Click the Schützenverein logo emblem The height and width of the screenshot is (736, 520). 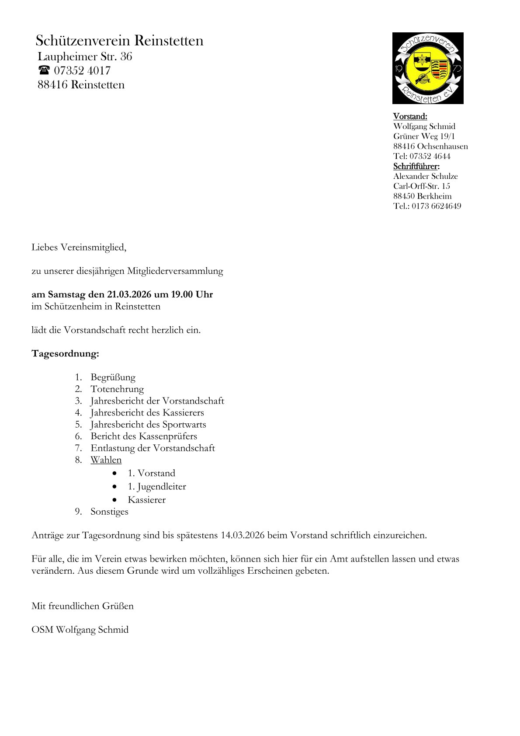tap(428, 68)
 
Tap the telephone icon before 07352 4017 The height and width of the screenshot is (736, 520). tap(44, 70)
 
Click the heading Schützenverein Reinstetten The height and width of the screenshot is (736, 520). tap(119, 41)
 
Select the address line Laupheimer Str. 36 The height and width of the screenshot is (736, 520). tap(85, 56)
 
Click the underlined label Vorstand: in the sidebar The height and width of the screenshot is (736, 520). tap(410, 116)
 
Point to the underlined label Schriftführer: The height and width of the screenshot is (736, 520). tap(416, 166)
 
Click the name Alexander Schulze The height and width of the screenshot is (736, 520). tap(425, 176)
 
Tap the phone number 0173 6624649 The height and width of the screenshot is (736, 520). tap(436, 206)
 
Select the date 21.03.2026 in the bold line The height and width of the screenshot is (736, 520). tap(129, 294)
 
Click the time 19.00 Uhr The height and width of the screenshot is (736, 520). tap(192, 294)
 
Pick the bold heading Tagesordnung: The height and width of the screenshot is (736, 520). tap(65, 353)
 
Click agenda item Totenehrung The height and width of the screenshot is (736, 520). tap(117, 389)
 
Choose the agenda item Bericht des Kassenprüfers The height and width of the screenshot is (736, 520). tap(144, 436)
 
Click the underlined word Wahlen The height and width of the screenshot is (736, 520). tap(106, 460)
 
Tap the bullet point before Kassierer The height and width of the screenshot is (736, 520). tap(114, 500)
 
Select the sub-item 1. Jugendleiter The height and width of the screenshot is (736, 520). tap(156, 486)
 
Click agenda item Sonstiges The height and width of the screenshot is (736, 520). tap(109, 511)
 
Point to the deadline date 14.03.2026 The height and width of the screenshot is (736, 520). tap(243, 535)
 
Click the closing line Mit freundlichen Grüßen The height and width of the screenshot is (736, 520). tap(83, 606)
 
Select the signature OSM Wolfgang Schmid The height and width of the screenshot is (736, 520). tap(80, 629)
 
